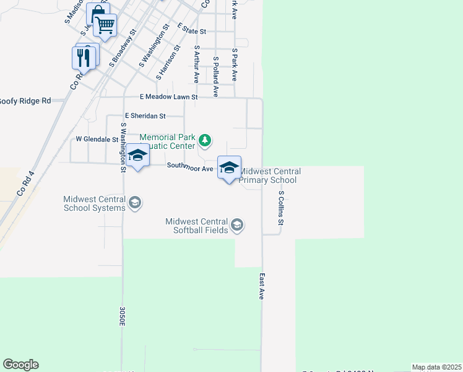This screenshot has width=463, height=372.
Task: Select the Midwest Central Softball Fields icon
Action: (236, 225)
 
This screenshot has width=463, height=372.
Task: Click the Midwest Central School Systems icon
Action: (134, 202)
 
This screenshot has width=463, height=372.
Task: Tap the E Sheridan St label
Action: (145, 115)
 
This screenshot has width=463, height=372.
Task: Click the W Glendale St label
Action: (97, 139)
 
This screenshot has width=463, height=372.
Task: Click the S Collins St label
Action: (280, 208)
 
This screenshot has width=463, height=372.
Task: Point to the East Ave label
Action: (262, 287)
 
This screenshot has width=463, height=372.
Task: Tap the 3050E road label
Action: (123, 315)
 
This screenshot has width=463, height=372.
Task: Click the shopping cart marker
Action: (105, 26)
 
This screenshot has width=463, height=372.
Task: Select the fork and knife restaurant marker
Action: (83, 58)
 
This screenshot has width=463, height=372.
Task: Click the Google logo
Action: (20, 365)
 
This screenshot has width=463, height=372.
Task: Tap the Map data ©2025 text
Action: (436, 367)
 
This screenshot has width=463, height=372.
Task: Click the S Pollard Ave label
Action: (215, 77)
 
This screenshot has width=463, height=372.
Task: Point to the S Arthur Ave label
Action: (196, 64)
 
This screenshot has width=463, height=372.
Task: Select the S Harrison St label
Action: (168, 62)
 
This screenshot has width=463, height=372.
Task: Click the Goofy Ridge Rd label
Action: (25, 100)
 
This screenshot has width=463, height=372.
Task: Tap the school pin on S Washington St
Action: (137, 157)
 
